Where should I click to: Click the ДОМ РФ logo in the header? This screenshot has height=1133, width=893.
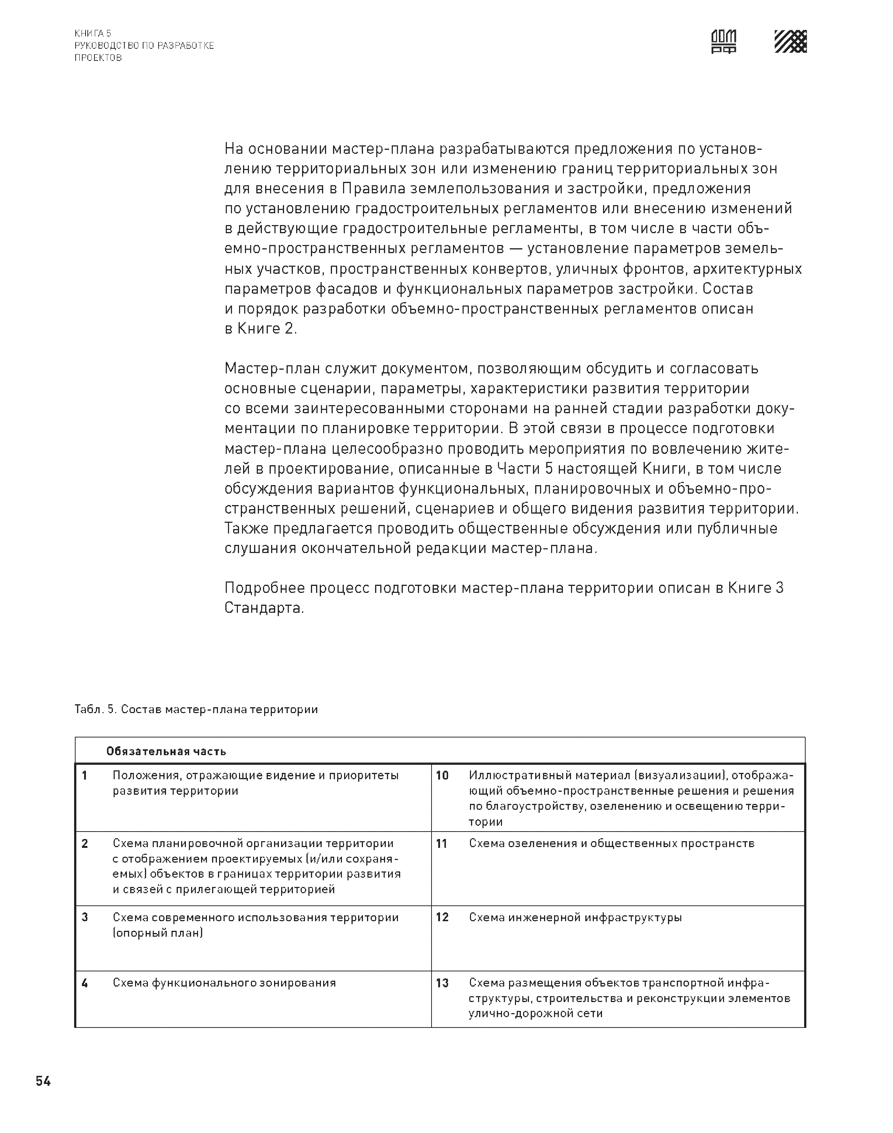tap(724, 42)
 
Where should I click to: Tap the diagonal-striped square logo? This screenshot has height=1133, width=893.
tap(790, 41)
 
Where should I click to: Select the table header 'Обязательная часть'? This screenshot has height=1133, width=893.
tap(166, 751)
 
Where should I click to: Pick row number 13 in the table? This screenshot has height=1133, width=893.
tap(442, 983)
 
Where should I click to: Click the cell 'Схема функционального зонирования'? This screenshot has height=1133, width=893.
tap(224, 983)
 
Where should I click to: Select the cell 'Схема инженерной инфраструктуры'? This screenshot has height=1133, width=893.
tap(575, 918)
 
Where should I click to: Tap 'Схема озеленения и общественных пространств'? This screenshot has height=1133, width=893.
tap(612, 843)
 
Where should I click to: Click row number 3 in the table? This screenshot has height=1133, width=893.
tap(85, 918)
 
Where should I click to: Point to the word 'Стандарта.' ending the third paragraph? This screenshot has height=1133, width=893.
tap(264, 609)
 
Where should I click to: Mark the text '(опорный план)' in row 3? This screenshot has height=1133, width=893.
tap(158, 933)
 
